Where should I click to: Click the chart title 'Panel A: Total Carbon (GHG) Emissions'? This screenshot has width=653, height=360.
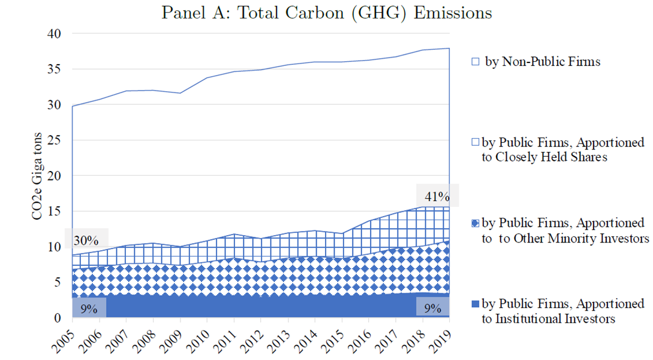coord(326,13)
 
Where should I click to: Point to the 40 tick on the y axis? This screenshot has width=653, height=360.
coord(54,34)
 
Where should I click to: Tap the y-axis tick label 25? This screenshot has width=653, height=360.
coord(54,140)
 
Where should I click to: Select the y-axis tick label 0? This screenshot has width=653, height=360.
coord(58,318)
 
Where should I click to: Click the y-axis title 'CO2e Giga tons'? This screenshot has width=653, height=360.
coord(37,176)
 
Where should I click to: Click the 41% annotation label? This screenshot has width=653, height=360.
coord(437,196)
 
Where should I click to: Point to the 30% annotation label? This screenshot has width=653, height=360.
coord(86,241)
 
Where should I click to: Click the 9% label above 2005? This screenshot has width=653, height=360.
coord(89,309)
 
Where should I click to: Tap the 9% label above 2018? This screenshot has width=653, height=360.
coord(433,308)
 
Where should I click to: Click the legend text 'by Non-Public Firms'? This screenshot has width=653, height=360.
coord(543,62)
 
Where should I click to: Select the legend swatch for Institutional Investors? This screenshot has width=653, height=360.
coord(475,304)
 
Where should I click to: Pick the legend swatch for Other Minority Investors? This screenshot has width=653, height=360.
coord(475,223)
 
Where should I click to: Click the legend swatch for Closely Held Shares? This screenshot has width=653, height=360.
coord(475,143)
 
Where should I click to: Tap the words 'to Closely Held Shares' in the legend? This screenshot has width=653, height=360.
coord(544,157)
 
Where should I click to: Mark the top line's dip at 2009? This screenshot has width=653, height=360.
coord(180,93)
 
